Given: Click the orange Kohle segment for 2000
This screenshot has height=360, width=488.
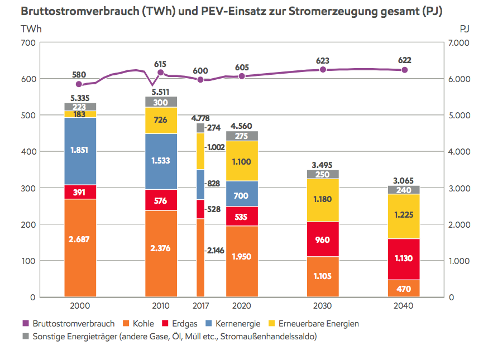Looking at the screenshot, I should [x=80, y=248].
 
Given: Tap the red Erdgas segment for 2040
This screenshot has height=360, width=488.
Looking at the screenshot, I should [x=404, y=259].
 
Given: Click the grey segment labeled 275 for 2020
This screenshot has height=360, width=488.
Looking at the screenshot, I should [x=242, y=136].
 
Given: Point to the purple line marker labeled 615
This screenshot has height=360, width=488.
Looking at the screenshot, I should [x=160, y=73].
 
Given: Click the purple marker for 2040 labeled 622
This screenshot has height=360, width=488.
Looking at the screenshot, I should [x=404, y=70].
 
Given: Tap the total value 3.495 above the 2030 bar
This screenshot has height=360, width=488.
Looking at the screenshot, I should [x=323, y=165].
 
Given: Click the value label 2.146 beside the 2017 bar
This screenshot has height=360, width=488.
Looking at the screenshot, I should [x=215, y=251].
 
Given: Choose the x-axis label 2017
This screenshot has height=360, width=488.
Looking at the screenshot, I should [x=200, y=306].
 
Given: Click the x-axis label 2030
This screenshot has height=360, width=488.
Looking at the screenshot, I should [x=323, y=306].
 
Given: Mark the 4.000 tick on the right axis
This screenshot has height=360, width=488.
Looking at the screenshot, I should [x=461, y=152].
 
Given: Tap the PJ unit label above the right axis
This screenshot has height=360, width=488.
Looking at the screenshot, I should [x=464, y=28].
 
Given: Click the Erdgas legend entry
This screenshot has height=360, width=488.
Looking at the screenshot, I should [x=178, y=324].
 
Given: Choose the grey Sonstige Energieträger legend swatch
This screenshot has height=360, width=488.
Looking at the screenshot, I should [x=25, y=337].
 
